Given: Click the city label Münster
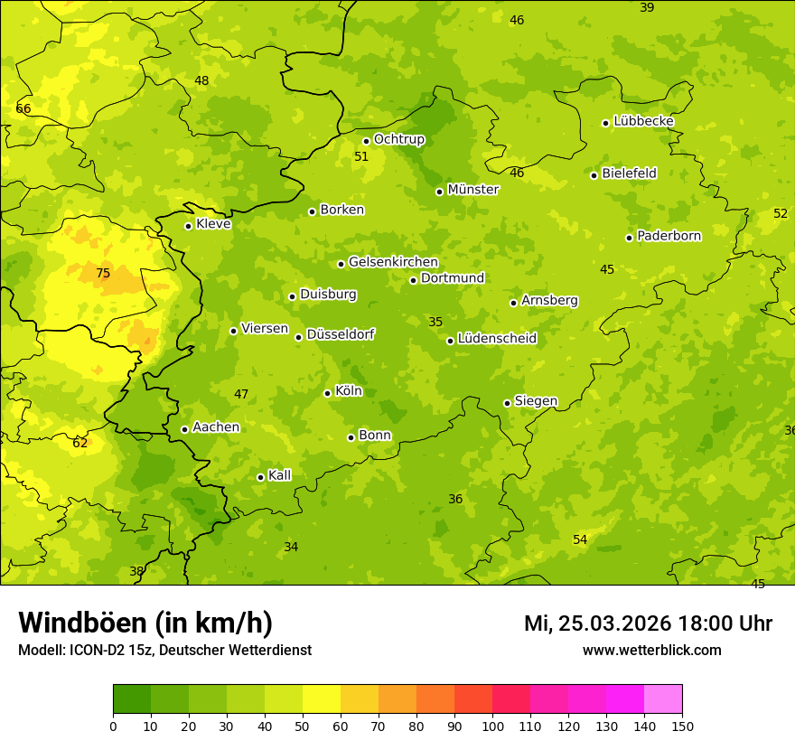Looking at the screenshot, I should (473, 190).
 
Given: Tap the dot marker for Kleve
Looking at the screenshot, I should (188, 226).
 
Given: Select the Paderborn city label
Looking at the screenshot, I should (669, 236).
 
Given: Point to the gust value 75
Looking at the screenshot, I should (103, 273).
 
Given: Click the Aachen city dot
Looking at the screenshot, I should (184, 429).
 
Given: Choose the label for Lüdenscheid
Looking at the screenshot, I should (497, 339).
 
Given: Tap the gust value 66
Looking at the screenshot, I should (23, 109).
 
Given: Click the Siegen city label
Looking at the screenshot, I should (536, 401).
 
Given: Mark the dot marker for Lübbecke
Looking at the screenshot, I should (605, 123).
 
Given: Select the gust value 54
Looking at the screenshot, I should (580, 539).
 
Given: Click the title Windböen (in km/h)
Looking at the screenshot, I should (145, 623).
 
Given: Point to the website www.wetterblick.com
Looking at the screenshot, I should (651, 650).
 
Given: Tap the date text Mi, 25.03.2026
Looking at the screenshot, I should (596, 623).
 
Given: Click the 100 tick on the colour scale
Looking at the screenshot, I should (492, 726).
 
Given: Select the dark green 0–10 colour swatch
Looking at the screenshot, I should (132, 699).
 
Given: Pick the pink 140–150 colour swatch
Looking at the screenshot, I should (663, 699).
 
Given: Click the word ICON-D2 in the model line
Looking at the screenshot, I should (94, 651).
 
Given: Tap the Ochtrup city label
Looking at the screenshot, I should (398, 139).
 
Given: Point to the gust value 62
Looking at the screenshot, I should (80, 443).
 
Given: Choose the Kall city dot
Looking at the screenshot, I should (260, 477).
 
